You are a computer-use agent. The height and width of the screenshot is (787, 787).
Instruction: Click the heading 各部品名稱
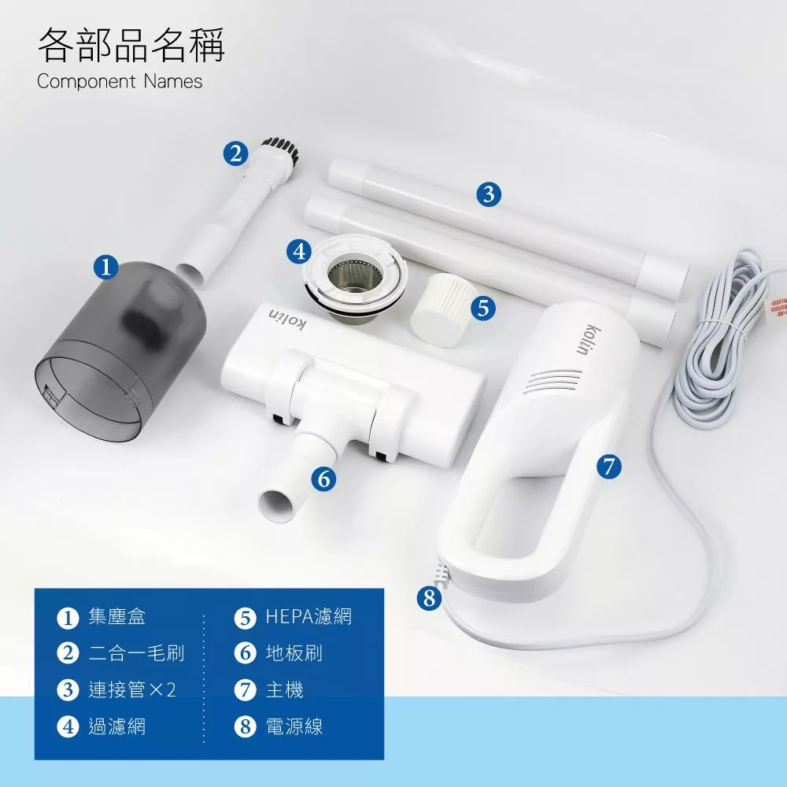tap(131, 45)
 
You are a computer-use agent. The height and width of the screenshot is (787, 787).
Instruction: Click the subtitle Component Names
tap(120, 82)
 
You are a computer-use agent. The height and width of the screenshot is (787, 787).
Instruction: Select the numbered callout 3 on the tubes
tap(489, 194)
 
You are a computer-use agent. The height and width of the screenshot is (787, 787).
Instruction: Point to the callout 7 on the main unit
tap(608, 466)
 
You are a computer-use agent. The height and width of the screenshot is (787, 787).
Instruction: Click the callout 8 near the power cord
tap(428, 598)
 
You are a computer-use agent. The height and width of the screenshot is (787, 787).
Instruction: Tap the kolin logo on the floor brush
tap(289, 319)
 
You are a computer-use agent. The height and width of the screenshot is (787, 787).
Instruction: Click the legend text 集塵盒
tap(117, 617)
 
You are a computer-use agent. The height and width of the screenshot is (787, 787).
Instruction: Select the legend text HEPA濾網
tap(309, 617)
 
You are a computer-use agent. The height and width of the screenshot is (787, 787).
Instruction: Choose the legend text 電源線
tap(294, 727)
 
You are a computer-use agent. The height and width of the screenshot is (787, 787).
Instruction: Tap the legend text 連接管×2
tap(131, 690)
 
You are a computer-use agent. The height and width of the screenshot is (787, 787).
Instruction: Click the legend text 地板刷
tap(294, 653)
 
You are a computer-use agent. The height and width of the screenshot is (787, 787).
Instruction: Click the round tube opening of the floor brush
tap(277, 504)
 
